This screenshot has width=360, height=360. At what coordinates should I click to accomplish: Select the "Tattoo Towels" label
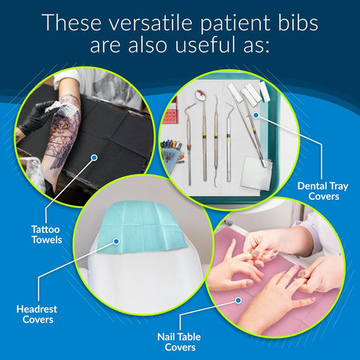point(46,234)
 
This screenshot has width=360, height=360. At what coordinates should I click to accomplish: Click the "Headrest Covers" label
point(37,314)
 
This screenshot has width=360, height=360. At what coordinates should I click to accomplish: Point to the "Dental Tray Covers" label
point(323,191)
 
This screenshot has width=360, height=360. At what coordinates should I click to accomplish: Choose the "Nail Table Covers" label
point(179,342)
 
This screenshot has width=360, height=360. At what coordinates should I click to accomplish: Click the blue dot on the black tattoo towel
point(94,158)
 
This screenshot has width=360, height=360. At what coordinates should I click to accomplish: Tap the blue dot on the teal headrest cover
point(117,242)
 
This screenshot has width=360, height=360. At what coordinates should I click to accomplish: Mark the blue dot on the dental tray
point(256,115)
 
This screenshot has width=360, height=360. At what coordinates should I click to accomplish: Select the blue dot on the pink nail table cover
point(238,300)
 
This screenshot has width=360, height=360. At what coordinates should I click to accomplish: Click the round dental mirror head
point(201,94)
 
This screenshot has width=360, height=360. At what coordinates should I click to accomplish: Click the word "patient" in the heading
point(235,24)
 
